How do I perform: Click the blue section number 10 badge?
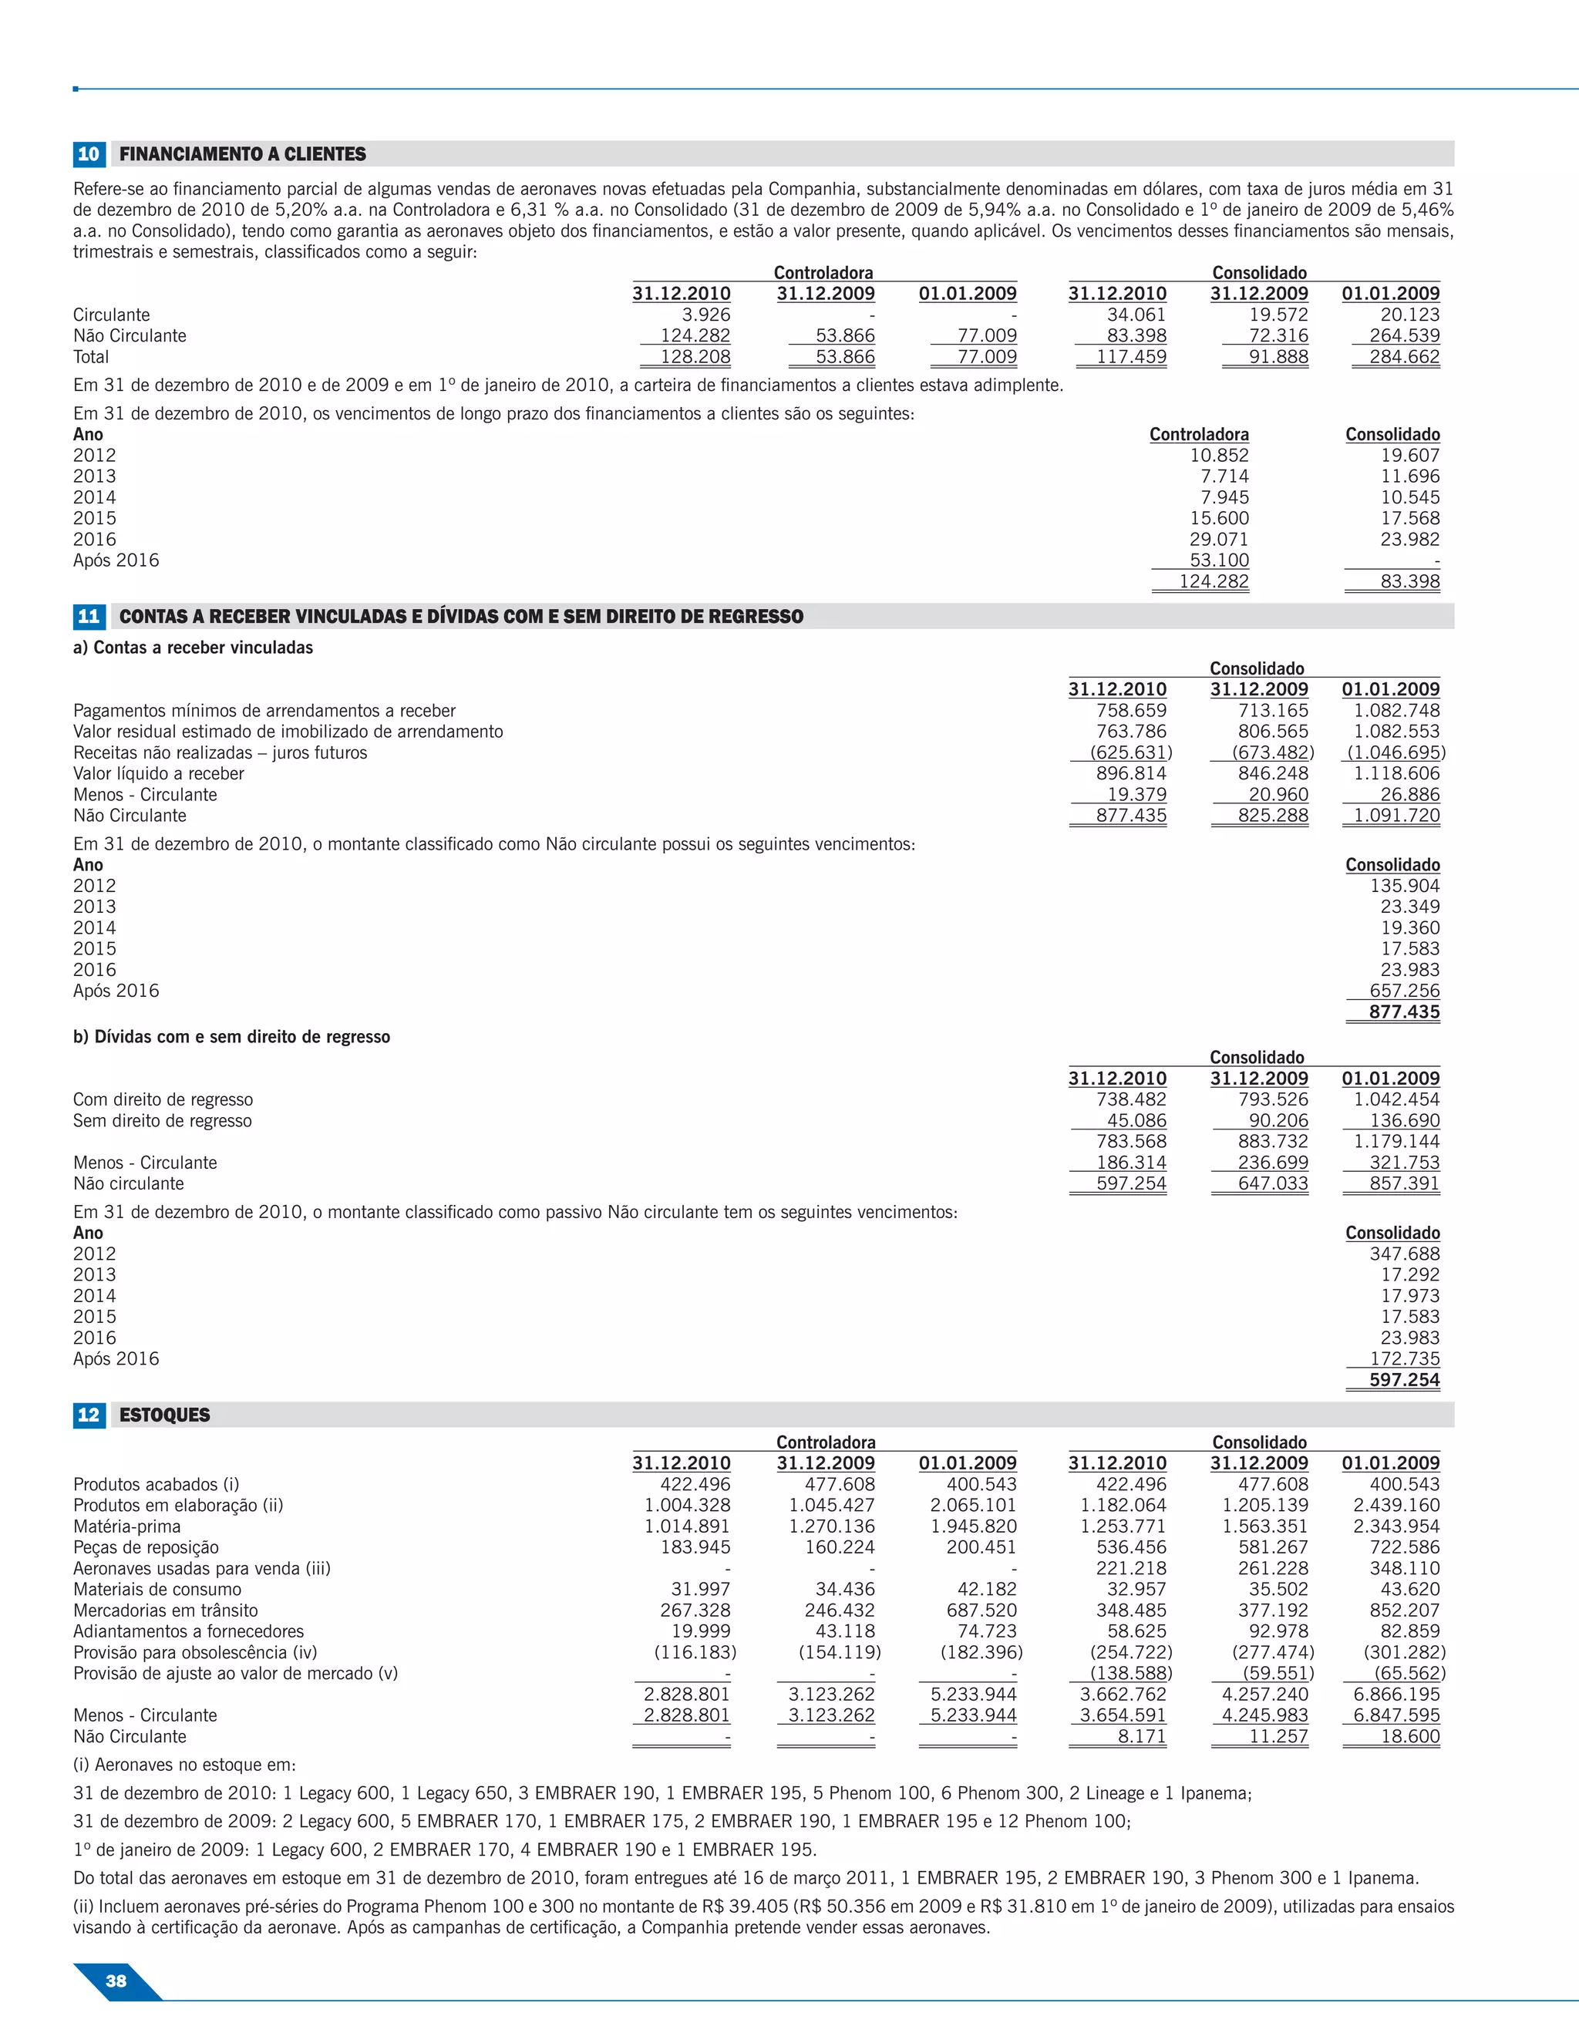pyautogui.click(x=89, y=154)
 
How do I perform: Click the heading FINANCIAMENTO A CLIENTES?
pyautogui.click(x=242, y=154)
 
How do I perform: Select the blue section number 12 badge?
pyautogui.click(x=89, y=1415)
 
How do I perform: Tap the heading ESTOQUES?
pyautogui.click(x=165, y=1415)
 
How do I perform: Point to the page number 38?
pyautogui.click(x=116, y=1981)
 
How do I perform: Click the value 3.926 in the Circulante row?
pyautogui.click(x=705, y=315)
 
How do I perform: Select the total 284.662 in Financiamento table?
pyautogui.click(x=1404, y=356)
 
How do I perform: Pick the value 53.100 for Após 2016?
pyautogui.click(x=1219, y=560)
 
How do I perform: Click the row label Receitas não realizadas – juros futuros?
pyautogui.click(x=220, y=753)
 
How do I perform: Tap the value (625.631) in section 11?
pyautogui.click(x=1131, y=753)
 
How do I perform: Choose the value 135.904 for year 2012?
pyautogui.click(x=1404, y=886)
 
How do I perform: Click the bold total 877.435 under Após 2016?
pyautogui.click(x=1404, y=1012)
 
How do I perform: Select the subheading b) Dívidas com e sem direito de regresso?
pyautogui.click(x=231, y=1036)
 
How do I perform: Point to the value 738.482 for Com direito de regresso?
pyautogui.click(x=1131, y=1099)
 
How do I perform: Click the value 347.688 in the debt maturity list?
pyautogui.click(x=1404, y=1254)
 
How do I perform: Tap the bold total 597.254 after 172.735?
pyautogui.click(x=1404, y=1380)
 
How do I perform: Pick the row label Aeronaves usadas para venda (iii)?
pyautogui.click(x=202, y=1569)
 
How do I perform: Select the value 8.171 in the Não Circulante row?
pyautogui.click(x=1143, y=1737)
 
